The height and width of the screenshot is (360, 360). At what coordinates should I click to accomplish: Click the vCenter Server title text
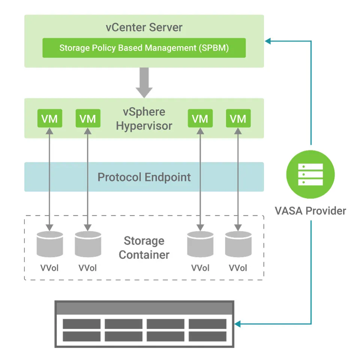tap(144, 27)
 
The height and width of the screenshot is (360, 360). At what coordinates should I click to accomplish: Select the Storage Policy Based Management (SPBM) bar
tap(144, 48)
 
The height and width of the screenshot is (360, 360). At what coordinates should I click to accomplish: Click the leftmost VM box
tap(50, 118)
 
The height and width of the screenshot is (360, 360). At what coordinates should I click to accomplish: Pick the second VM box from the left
tap(88, 118)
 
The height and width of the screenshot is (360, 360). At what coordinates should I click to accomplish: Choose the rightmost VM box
tap(238, 118)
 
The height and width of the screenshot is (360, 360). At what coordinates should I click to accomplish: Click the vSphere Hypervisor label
tap(144, 118)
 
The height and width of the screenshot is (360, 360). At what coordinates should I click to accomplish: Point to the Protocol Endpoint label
tap(144, 177)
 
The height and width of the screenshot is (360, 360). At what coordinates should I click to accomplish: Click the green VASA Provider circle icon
tap(310, 174)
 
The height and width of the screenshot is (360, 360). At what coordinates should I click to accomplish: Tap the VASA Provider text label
tap(310, 211)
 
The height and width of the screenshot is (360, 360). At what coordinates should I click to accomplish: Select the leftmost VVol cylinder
tap(50, 244)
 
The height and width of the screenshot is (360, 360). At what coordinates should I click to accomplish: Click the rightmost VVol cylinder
tap(238, 244)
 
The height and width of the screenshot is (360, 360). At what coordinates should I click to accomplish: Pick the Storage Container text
tap(144, 247)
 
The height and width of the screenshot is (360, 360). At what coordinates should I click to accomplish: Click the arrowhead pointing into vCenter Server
tap(267, 40)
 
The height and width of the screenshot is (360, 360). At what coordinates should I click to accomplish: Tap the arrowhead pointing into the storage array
tap(238, 324)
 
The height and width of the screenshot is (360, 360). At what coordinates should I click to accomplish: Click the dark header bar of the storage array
tap(144, 308)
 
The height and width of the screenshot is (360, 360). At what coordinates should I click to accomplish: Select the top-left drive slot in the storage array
tap(81, 324)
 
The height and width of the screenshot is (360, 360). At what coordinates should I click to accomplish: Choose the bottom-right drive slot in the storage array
tap(207, 336)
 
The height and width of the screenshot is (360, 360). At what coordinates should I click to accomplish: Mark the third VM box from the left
tap(200, 118)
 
